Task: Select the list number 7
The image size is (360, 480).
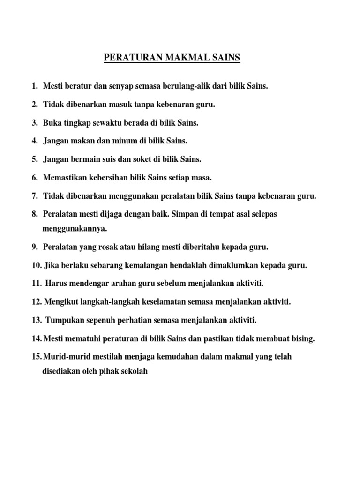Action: coord(35,196)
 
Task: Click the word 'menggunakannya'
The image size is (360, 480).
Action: coord(75,229)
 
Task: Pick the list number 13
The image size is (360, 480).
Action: coord(37,320)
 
